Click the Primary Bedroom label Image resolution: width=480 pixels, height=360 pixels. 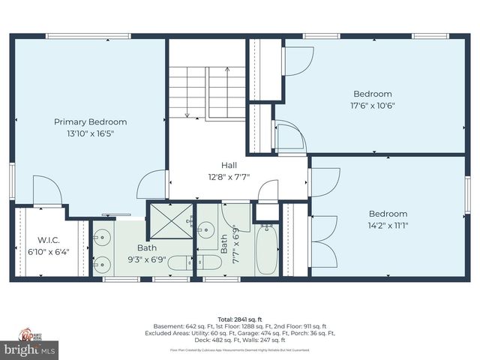click(x=90, y=121)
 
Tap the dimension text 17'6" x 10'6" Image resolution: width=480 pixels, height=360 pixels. click(x=373, y=106)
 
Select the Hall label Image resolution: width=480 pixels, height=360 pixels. click(x=229, y=165)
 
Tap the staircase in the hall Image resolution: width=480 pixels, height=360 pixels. click(x=207, y=92)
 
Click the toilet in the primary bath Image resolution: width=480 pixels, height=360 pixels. click(x=184, y=262)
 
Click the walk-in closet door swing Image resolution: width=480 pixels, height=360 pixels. click(x=46, y=190)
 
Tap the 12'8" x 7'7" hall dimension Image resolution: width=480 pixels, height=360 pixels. click(x=229, y=178)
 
